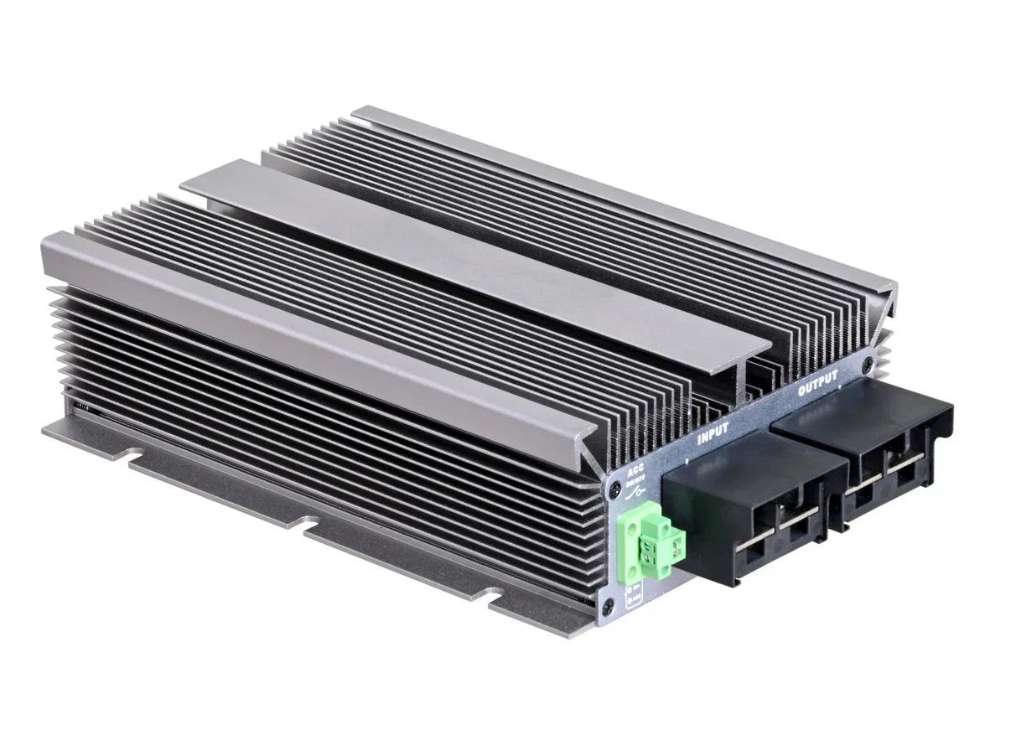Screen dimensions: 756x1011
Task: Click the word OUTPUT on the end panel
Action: pyautogui.click(x=817, y=386)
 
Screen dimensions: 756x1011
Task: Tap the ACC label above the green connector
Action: pyautogui.click(x=636, y=471)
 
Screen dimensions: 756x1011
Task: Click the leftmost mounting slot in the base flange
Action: pyautogui.click(x=134, y=458)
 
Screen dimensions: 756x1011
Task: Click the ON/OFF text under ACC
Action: pyautogui.click(x=636, y=480)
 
